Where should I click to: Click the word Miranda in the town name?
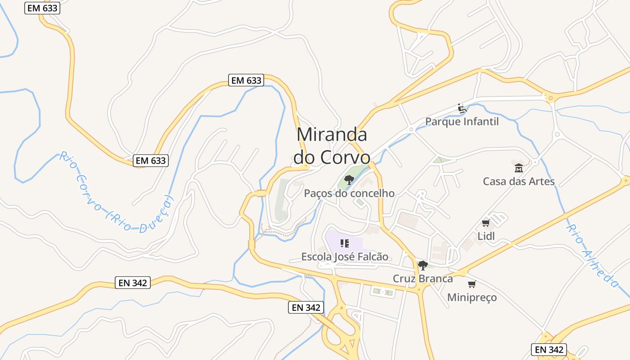[x=332, y=135]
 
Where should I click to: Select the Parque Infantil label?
[x=462, y=121]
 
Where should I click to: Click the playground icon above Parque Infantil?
[x=462, y=108]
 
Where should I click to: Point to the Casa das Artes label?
[x=518, y=181]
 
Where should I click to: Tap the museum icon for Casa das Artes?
[x=518, y=168]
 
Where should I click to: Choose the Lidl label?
[x=486, y=236]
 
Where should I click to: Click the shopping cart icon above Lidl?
[x=486, y=223]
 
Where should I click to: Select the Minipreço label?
[x=472, y=297]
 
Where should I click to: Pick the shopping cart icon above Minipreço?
[x=472, y=284]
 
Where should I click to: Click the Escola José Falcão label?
[x=345, y=257]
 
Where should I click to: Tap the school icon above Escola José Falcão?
[x=345, y=244]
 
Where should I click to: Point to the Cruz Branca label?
[x=423, y=279]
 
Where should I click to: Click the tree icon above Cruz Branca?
[x=423, y=265]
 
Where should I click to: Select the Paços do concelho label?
[x=349, y=193]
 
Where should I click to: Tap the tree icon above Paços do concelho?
[x=349, y=180]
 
